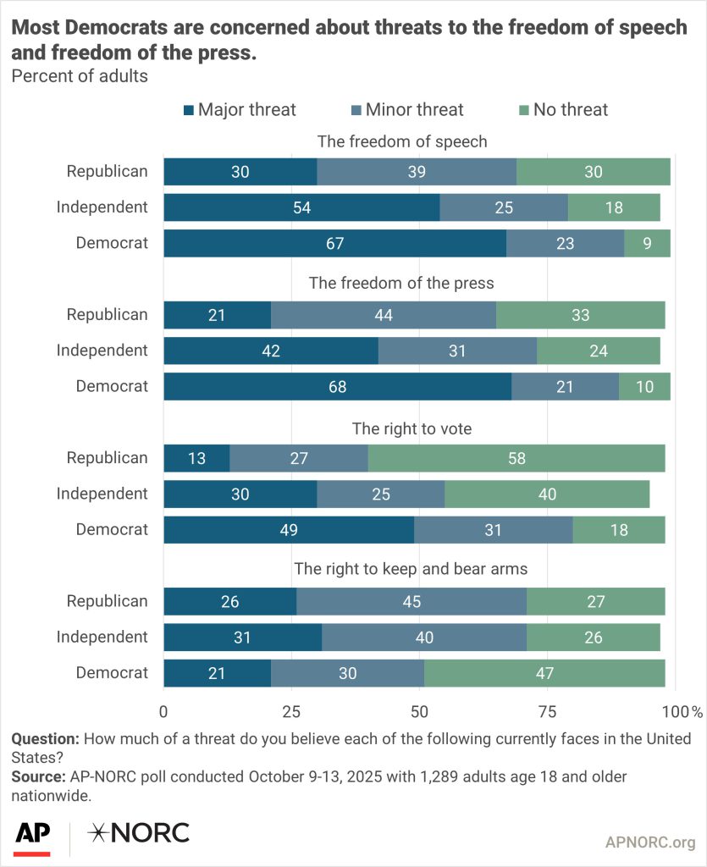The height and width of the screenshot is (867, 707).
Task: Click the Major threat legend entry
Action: point(240,109)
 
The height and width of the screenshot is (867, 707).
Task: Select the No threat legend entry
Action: point(562,109)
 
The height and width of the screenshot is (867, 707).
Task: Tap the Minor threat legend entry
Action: point(406,109)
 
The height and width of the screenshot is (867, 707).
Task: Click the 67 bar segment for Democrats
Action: point(334,243)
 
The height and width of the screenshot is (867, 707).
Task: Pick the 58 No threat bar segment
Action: point(516,458)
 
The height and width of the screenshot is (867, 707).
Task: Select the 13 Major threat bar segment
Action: point(196,458)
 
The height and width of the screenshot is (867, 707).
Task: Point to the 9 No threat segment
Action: point(647,243)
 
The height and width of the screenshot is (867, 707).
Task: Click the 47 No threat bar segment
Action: point(544,673)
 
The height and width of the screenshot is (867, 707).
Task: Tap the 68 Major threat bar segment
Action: point(337,386)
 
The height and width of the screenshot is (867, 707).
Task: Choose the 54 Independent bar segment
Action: point(301,207)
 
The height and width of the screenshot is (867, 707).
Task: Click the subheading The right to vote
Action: point(411,429)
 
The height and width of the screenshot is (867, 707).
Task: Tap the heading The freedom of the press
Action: point(401,283)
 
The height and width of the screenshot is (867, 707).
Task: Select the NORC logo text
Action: point(139,833)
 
